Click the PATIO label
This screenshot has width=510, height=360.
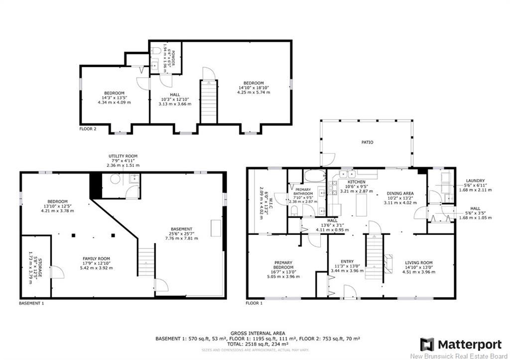click(x=367, y=142)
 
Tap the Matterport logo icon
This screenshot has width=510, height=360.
click(x=427, y=344)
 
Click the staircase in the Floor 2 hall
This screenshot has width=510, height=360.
click(x=207, y=99)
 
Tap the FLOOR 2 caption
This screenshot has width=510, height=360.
click(x=88, y=128)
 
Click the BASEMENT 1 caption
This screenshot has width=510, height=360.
click(x=31, y=303)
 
